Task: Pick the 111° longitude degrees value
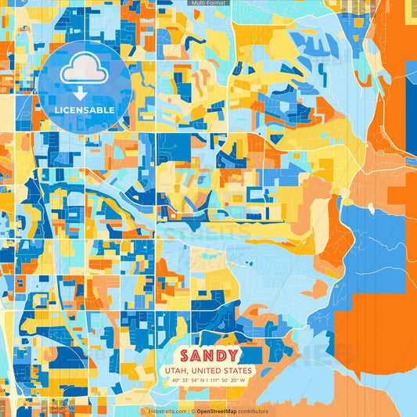coord(214,380)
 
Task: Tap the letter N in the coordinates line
coord(201,380)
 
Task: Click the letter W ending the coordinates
coord(243,380)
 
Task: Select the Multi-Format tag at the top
coord(209,3)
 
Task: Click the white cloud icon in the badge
coord(85,69)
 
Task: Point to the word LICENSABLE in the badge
coord(85,110)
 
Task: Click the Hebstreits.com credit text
coord(167,411)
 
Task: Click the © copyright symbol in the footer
coord(192,411)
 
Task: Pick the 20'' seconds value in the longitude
coord(234,380)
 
